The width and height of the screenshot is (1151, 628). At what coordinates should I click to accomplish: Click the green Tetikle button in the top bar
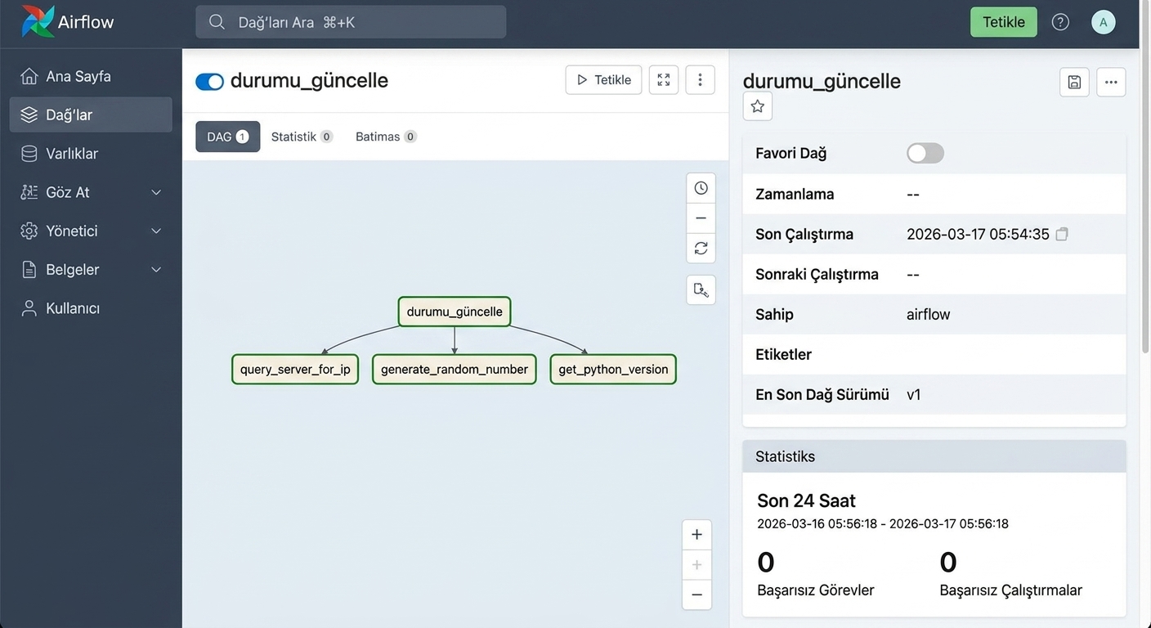1003,22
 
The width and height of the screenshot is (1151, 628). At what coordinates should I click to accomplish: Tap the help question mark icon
1060,22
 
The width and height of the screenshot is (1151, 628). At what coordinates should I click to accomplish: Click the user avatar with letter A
1103,22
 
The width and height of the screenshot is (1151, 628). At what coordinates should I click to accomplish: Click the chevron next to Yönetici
156,231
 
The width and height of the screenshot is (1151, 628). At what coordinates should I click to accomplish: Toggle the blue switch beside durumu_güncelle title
209,81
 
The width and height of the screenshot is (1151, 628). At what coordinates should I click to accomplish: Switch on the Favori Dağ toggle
925,153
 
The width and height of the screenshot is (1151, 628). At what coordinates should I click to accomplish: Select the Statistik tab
302,137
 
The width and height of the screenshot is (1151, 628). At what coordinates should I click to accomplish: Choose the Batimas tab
385,137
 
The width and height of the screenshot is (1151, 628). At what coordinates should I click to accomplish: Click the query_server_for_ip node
295,369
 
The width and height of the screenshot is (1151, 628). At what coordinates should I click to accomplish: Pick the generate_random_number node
455,369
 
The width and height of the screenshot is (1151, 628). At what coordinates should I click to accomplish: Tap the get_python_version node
613,369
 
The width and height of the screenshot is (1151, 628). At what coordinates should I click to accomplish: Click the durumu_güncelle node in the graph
455,312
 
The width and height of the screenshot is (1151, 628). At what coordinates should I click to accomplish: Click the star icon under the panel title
758,106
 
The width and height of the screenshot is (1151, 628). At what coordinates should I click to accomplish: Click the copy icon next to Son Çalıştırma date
1062,235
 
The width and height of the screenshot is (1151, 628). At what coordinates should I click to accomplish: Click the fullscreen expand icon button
663,79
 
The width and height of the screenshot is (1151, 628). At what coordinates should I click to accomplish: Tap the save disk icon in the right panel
1074,83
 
